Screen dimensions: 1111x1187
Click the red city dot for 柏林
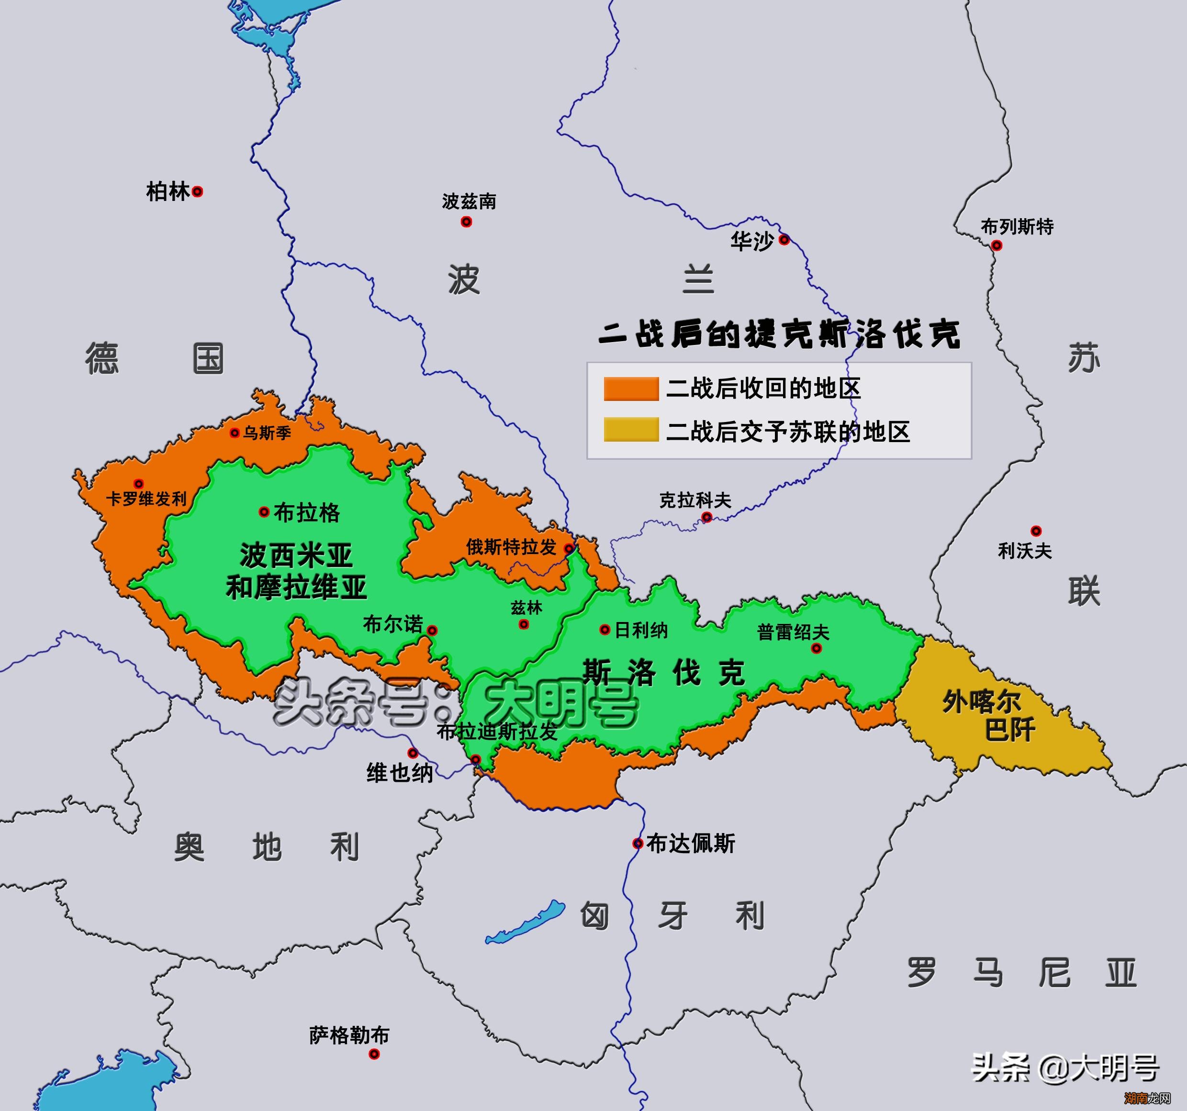197,192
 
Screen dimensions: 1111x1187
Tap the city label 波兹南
469,202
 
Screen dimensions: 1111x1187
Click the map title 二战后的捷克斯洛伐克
779,334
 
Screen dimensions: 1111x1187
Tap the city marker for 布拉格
263,511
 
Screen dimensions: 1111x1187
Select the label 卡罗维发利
146,499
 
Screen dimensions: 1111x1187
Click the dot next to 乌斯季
235,433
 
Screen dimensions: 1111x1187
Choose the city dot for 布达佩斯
638,844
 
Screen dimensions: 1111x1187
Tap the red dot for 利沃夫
1036,531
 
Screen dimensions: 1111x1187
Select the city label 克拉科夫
695,500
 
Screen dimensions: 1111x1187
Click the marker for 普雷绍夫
816,648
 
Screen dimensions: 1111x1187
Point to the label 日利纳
641,630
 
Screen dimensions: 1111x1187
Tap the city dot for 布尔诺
432,631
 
